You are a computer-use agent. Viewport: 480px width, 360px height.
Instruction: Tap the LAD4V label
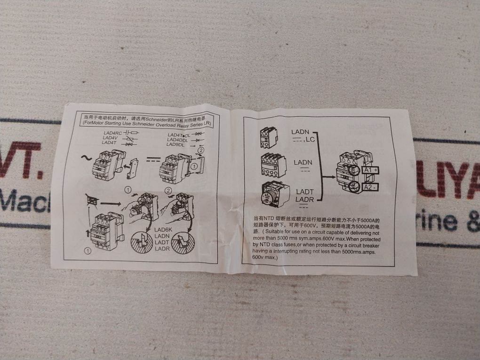click(111, 138)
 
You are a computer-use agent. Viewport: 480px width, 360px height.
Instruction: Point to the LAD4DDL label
click(177, 140)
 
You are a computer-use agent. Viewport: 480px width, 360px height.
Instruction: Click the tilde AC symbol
click(87, 159)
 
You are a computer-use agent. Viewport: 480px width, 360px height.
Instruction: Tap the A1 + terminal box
click(370, 170)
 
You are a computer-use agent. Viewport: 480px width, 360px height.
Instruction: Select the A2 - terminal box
click(370, 188)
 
